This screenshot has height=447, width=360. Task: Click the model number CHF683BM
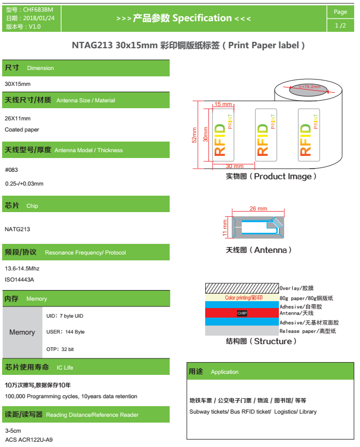[x=38, y=10]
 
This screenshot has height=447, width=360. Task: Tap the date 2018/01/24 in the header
[x=39, y=18]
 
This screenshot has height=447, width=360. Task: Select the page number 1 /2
[x=340, y=25]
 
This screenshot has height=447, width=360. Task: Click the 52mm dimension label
[x=194, y=135]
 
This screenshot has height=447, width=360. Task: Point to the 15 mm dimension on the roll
[x=223, y=104]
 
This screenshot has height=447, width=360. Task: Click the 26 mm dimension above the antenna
[x=258, y=208]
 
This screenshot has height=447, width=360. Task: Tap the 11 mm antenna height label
[x=225, y=227]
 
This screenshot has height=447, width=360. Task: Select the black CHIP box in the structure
[x=242, y=313]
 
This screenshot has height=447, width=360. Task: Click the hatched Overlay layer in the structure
[x=242, y=288]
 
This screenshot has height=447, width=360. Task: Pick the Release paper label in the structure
[x=308, y=331]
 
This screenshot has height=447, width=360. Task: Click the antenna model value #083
[x=12, y=170]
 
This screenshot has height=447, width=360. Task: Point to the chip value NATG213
[x=17, y=229]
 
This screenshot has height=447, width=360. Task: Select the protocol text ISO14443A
[x=20, y=279]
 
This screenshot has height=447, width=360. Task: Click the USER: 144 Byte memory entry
[x=66, y=332]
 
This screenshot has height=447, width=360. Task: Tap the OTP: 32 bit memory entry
[x=60, y=349]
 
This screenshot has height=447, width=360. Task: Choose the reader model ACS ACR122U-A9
[x=29, y=440]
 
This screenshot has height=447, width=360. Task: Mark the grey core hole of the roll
[x=308, y=90]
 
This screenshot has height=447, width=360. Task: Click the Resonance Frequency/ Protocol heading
[x=85, y=252]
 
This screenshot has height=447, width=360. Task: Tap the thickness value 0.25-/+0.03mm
[x=24, y=183]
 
